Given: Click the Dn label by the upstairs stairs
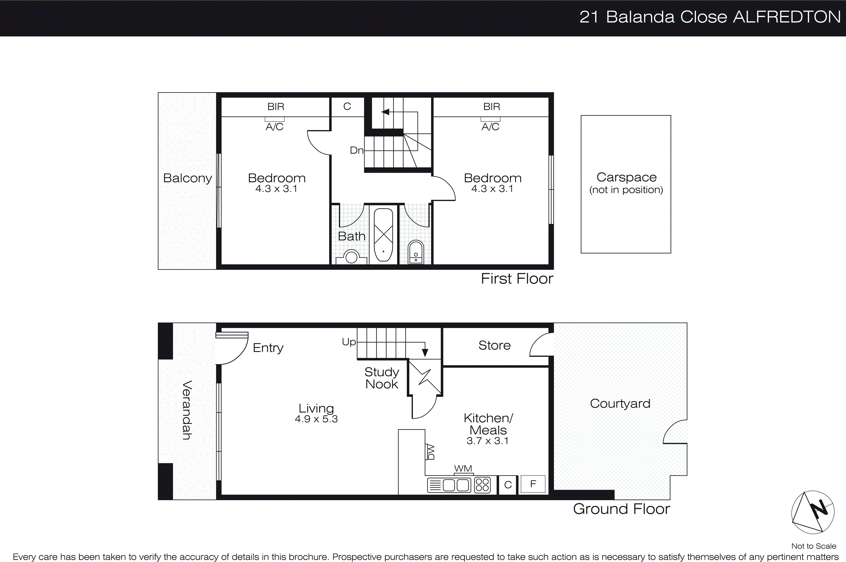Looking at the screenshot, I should point(356,150).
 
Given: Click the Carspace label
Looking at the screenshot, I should point(626,177).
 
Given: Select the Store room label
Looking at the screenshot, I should point(494,345).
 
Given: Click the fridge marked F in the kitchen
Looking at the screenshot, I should point(533,484).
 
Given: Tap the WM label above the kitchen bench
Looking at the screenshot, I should point(463,468).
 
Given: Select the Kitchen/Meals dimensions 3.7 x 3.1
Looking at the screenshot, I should point(487,441).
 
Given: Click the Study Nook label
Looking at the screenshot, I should point(382,378).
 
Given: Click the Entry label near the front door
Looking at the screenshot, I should point(268,348).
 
